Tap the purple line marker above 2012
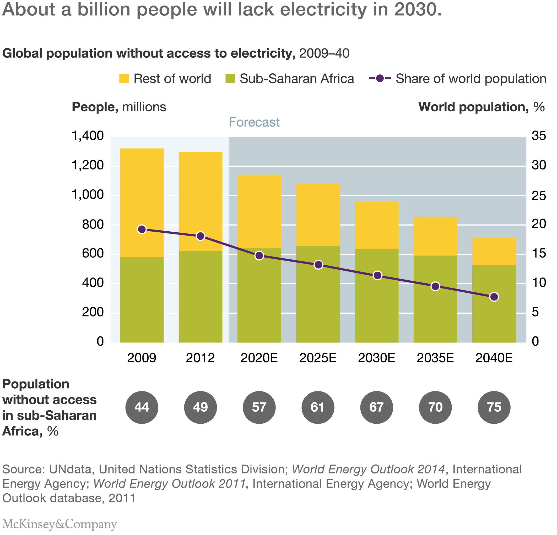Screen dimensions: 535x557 pos(201,236)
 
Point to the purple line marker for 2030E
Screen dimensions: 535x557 pos(377,275)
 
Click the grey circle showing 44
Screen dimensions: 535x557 pos(142,407)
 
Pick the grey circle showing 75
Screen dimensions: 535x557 pos(494,407)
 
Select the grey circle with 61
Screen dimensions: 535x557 pos(318,407)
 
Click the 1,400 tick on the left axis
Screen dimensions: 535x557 pos(88,136)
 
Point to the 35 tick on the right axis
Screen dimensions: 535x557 pos(539,136)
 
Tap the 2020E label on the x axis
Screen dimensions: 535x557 pos(259,358)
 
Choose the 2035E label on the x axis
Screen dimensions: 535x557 pos(435,358)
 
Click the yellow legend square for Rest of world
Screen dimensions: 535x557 pos(124,78)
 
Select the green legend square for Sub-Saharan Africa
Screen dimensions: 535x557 pos(230,78)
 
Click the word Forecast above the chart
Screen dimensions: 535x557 pos(254,122)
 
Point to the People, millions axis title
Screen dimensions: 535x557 pos(119,107)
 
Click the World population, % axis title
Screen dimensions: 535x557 pos(482,107)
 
